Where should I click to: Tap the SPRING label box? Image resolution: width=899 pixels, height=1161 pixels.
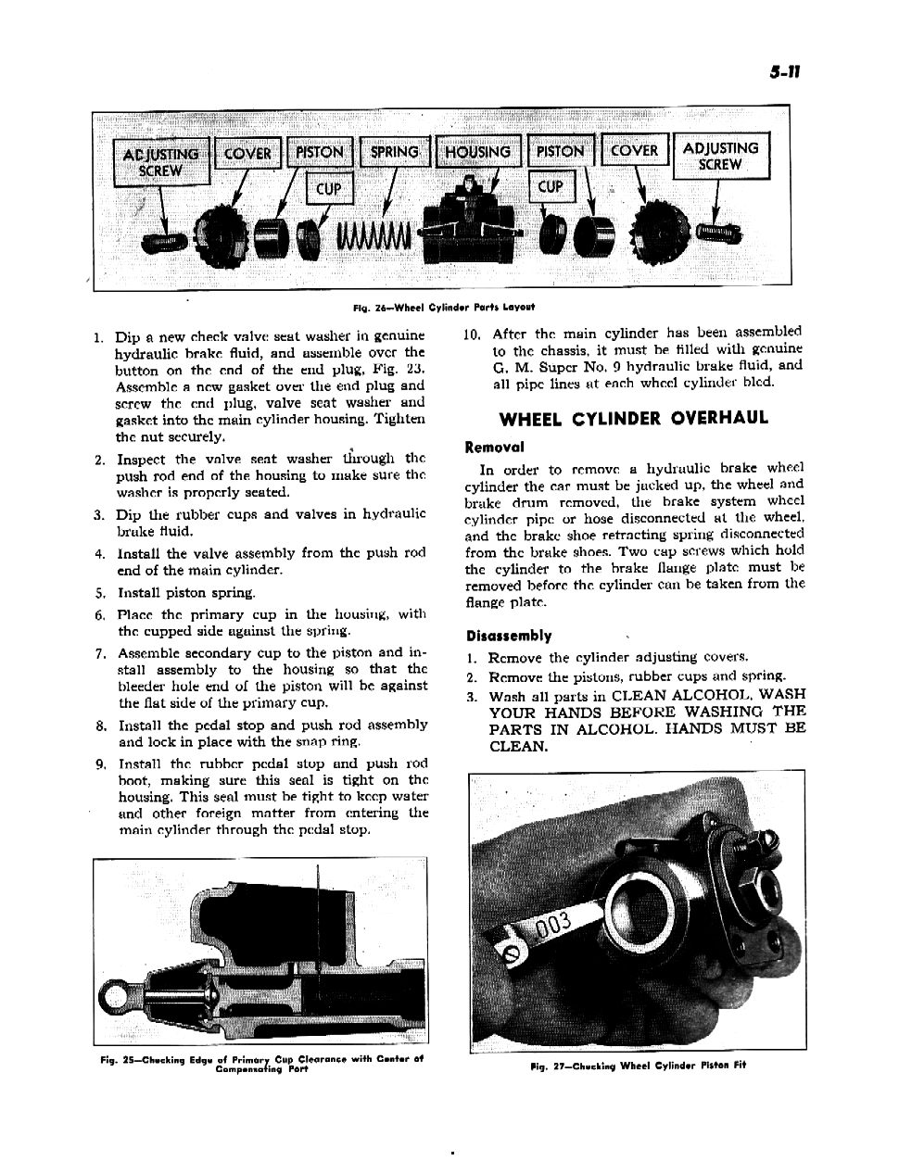[394, 152]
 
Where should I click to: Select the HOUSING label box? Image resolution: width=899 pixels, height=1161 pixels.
[476, 152]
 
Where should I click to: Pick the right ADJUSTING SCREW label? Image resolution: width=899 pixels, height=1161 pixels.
[720, 156]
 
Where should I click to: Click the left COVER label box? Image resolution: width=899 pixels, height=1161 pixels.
[247, 154]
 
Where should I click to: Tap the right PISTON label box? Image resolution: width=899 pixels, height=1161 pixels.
[560, 151]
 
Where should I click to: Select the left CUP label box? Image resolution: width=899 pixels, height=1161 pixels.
[329, 189]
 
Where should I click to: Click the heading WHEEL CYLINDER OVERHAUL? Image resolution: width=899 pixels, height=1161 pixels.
[634, 418]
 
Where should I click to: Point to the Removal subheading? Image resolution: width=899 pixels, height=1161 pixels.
[495, 447]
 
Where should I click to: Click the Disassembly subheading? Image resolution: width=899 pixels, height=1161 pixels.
[509, 636]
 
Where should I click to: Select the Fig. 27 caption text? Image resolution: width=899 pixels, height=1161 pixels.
[638, 1065]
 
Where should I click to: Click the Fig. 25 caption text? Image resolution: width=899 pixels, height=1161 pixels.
[261, 1062]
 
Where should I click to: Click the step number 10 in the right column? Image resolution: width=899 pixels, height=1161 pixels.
[471, 334]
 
